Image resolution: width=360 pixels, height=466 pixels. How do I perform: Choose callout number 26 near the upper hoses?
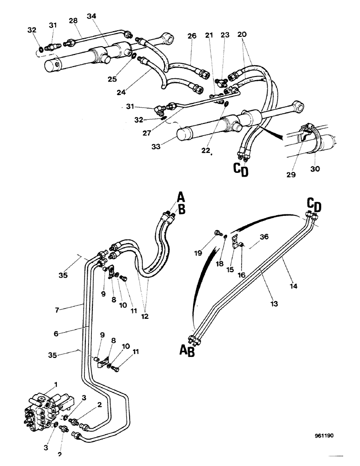coord(193,35)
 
